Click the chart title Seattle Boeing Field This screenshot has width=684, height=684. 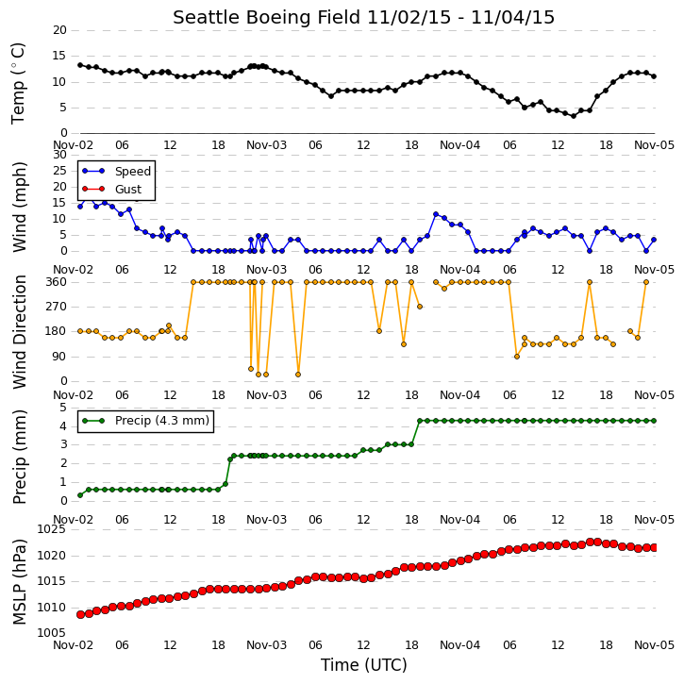click(267, 17)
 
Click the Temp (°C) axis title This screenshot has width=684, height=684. click(18, 83)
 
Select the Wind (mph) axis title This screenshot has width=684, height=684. click(19, 207)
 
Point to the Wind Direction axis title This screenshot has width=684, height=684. click(19, 331)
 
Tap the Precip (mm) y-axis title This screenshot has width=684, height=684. click(19, 457)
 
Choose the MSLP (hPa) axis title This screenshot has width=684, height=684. click(19, 582)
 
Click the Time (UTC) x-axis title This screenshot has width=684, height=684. click(364, 665)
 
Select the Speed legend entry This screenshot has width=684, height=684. click(116, 172)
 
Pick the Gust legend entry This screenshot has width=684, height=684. click(111, 190)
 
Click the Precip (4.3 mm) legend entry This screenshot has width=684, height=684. click(145, 421)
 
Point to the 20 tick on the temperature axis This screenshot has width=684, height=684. click(59, 30)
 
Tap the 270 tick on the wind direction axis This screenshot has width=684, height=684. click(57, 307)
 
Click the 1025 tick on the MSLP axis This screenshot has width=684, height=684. click(52, 529)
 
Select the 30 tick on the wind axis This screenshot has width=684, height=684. click(59, 155)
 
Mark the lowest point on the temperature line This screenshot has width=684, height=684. click(574, 116)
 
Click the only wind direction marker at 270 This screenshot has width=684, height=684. click(420, 307)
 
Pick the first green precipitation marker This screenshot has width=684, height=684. click(80, 495)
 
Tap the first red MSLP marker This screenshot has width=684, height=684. click(81, 614)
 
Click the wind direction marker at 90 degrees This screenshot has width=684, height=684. click(517, 357)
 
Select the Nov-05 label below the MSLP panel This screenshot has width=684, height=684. click(654, 644)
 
